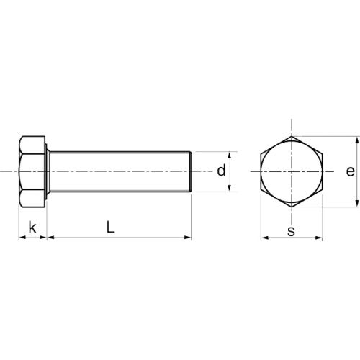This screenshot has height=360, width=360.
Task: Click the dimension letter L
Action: [x=110, y=227]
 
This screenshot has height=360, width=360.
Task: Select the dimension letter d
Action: [x=222, y=171]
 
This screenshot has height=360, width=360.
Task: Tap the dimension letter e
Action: [x=349, y=171]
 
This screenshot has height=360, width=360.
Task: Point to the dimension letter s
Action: [x=291, y=231]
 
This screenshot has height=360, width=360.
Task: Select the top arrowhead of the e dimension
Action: [x=358, y=140]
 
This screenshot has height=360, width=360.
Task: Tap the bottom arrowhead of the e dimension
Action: [x=358, y=204]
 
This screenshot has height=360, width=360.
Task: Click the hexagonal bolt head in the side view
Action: [x=32, y=171]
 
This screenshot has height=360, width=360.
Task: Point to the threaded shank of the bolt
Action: [x=119, y=171]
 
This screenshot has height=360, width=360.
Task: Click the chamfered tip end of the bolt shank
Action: [x=191, y=171]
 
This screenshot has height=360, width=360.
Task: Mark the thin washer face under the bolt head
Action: [x=48, y=171]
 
